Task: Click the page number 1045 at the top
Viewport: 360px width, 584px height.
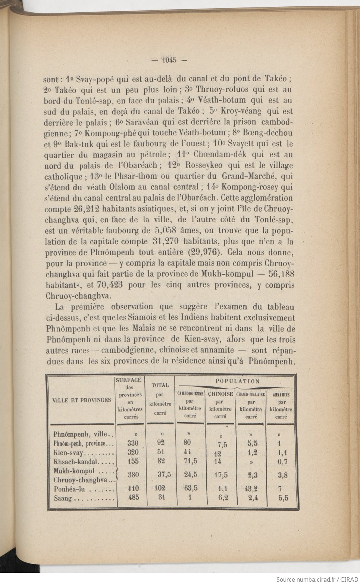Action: tap(169, 60)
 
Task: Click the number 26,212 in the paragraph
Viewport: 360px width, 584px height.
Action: tap(82, 208)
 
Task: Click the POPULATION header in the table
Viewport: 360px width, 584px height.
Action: tap(237, 381)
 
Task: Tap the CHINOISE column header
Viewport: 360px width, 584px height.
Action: tap(220, 394)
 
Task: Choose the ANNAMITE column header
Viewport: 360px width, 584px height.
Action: tap(281, 394)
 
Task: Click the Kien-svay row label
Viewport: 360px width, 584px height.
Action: tap(69, 453)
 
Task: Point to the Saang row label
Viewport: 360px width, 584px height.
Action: tap(63, 498)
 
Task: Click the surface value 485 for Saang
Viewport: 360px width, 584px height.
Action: tap(133, 497)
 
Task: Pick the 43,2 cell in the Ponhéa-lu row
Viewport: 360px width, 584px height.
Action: tap(250, 489)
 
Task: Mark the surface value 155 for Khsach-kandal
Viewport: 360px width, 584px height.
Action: tap(133, 461)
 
